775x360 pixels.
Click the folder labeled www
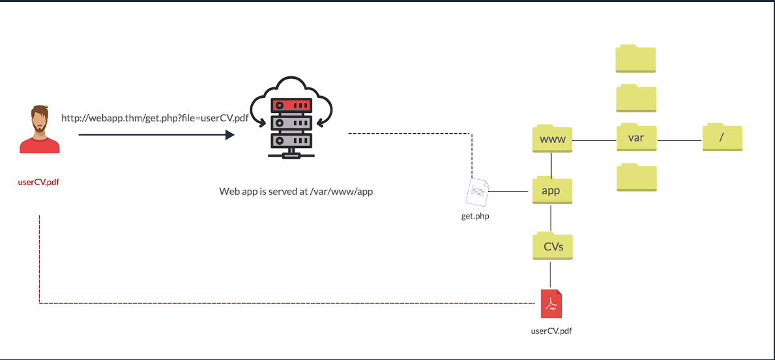click(552, 138)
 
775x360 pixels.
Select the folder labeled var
click(637, 137)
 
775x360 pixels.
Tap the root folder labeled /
click(722, 138)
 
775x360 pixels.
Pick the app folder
click(552, 191)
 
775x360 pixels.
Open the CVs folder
click(552, 246)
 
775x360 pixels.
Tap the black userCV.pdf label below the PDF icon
click(551, 331)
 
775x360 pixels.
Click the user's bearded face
click(40, 119)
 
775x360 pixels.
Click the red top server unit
click(291, 106)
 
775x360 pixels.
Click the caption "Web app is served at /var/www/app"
click(296, 191)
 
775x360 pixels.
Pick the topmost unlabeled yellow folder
click(636, 59)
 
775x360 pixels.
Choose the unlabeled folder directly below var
click(637, 177)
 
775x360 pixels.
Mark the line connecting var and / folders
click(680, 140)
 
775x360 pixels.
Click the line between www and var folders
click(594, 140)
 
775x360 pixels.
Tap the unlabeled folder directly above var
click(637, 98)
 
